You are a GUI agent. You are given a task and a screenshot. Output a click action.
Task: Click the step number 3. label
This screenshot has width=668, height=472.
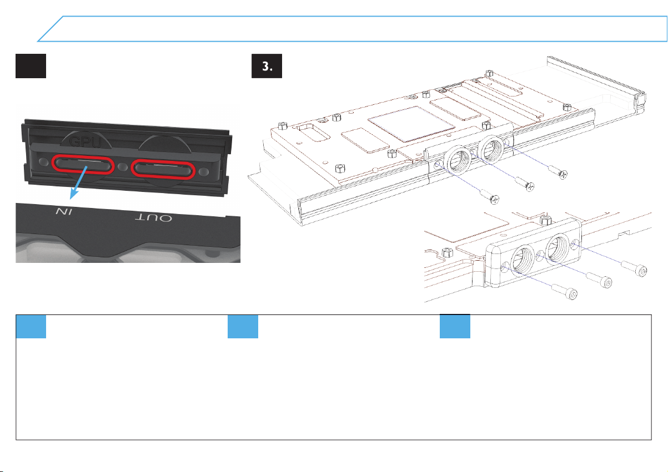267,67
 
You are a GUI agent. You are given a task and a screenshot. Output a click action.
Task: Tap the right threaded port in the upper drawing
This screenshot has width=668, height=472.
491,148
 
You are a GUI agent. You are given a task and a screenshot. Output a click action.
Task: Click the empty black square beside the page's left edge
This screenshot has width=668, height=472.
30,67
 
